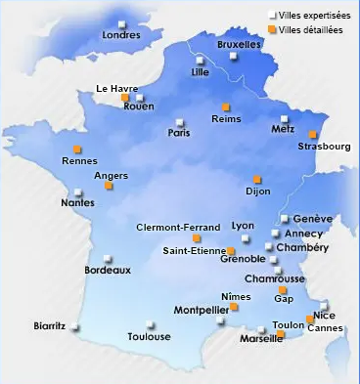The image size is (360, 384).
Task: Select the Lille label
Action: click(x=201, y=72)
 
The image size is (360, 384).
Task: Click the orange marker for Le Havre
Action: click(x=124, y=98)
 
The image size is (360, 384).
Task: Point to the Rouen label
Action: click(x=139, y=107)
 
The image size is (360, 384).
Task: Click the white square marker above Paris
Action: click(x=179, y=122)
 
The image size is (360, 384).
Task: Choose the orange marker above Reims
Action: click(x=226, y=107)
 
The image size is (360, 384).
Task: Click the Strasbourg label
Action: click(x=324, y=148)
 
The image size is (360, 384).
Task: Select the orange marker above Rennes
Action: click(x=77, y=149)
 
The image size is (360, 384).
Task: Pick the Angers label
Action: click(x=112, y=176)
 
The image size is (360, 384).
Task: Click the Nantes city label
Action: click(x=77, y=203)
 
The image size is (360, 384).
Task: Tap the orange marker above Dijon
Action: click(x=257, y=179)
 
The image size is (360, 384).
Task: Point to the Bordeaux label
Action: click(x=108, y=271)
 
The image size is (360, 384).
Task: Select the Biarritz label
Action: click(x=49, y=326)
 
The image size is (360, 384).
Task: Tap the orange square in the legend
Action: click(x=271, y=29)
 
